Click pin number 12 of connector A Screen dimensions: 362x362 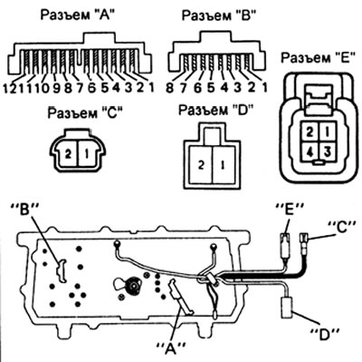(9, 88)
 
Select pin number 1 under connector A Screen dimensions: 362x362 (151, 88)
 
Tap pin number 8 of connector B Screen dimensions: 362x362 (170, 88)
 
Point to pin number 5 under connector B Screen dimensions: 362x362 (211, 88)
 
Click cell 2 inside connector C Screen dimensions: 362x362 (68, 154)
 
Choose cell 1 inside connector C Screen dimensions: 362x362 (88, 154)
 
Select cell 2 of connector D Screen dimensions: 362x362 (201, 165)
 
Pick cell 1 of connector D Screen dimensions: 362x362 (224, 165)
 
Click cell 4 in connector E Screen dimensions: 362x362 (309, 151)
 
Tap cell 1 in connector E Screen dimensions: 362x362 (327, 132)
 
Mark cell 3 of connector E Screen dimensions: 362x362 (327, 151)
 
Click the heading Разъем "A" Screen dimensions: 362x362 (78, 15)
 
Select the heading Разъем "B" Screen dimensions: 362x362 (219, 15)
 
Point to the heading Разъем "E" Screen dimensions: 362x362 (319, 57)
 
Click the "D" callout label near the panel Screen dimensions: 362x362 (325, 334)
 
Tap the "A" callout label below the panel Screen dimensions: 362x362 (171, 348)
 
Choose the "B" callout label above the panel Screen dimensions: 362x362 (25, 210)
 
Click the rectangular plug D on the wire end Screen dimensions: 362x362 (287, 308)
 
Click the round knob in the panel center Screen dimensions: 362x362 (132, 285)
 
